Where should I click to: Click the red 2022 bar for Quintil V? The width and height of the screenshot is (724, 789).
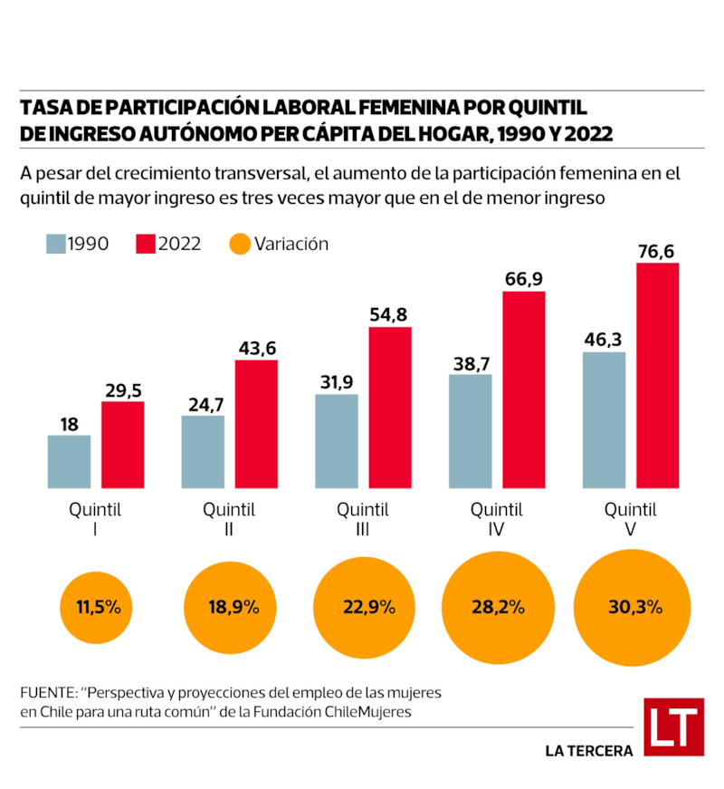(x=657, y=376)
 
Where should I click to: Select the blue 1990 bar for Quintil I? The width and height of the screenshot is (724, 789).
(x=69, y=462)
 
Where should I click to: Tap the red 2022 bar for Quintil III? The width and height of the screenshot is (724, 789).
(x=390, y=408)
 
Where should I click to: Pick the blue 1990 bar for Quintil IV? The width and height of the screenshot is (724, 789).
(x=471, y=431)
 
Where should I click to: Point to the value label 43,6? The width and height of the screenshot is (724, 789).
(x=256, y=348)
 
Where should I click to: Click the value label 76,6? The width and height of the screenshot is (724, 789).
(x=656, y=251)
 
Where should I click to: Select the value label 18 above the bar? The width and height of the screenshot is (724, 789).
(x=69, y=424)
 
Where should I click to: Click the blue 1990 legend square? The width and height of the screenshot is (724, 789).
(x=55, y=244)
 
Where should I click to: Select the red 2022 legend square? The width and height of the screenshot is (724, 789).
(x=145, y=244)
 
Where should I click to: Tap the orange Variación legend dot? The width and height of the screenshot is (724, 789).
(x=239, y=244)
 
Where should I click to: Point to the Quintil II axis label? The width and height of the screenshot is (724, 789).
(x=229, y=520)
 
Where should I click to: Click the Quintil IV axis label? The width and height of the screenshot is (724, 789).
(x=495, y=520)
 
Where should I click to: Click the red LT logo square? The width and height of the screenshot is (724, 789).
(x=674, y=726)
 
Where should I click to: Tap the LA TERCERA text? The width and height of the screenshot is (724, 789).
(x=589, y=751)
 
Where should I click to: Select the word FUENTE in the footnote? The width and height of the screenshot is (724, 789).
(x=47, y=692)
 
